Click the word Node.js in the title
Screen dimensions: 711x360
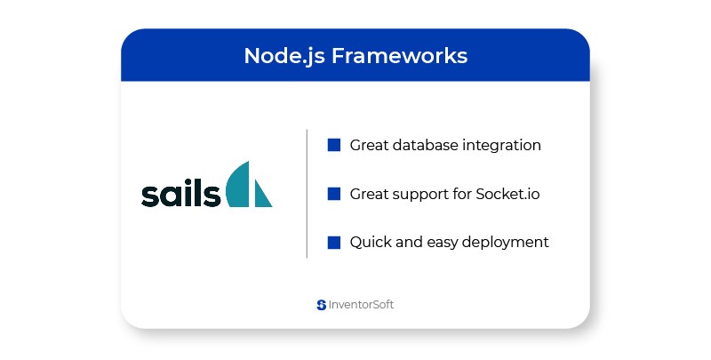pos(284,57)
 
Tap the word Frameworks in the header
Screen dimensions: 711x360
pos(399,56)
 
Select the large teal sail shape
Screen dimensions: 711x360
pos(238,184)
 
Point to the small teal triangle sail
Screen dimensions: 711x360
pos(262,194)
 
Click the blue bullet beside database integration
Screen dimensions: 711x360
pos(334,145)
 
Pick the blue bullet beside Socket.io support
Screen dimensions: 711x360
pos(334,194)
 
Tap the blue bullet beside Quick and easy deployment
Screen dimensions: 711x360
pos(334,243)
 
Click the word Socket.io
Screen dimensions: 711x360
pos(507,194)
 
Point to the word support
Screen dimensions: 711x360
pos(419,195)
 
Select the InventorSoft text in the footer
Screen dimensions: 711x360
pos(361,305)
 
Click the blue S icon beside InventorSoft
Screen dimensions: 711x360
pos(322,305)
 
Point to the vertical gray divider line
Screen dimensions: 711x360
pos(307,194)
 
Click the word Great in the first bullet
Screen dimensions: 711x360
pos(369,145)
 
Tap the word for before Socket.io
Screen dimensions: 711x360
pos(461,194)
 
